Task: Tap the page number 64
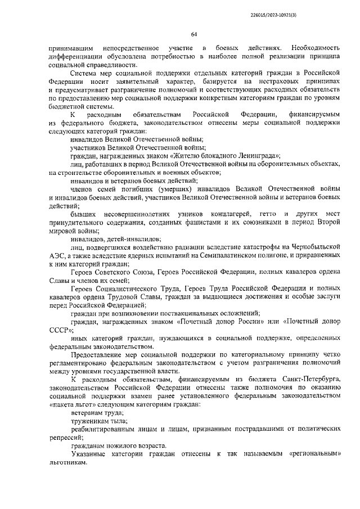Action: coord(194,35)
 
